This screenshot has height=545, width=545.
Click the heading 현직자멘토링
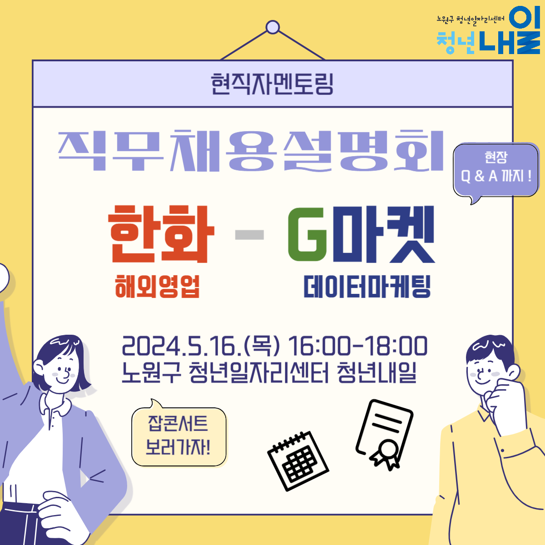tap(272, 84)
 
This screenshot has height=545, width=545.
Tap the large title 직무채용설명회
tap(251, 151)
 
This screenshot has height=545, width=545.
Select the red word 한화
tap(161, 234)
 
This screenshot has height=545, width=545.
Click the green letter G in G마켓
tap(307, 234)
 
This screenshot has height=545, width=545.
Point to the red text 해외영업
tap(157, 287)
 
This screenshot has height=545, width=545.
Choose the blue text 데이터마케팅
tap(367, 287)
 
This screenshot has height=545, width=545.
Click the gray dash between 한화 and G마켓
tap(249, 235)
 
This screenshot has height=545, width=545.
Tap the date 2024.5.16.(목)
tap(201, 346)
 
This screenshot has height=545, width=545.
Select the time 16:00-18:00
tap(357, 346)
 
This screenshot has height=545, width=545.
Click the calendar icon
tap(298, 461)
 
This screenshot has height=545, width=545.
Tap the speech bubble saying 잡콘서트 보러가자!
tap(179, 436)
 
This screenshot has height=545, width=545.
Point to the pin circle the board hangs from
tap(272, 27)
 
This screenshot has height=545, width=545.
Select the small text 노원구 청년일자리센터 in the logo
tap(471, 19)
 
